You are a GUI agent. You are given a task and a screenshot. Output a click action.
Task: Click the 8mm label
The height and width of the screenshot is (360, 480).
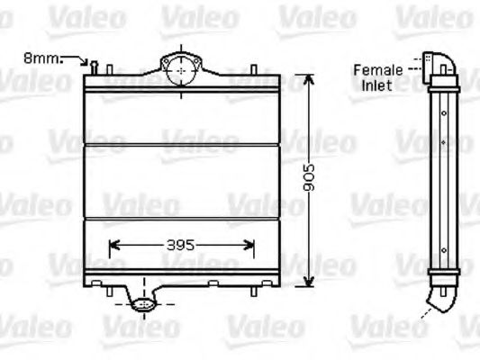(x=41, y=58)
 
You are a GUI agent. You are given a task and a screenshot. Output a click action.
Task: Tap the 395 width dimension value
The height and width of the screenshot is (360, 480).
(x=181, y=244)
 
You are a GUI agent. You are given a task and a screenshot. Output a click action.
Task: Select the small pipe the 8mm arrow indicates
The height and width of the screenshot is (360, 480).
(x=94, y=65)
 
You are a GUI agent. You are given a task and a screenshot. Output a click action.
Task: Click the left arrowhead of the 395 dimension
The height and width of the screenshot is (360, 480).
(x=112, y=243)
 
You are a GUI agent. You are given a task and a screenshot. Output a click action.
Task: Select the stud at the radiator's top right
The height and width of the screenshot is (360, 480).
(x=258, y=71)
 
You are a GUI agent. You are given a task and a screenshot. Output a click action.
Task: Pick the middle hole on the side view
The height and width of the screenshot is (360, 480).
(x=443, y=141)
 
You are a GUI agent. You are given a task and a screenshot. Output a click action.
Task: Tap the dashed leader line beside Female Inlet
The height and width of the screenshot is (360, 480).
(x=416, y=66)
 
